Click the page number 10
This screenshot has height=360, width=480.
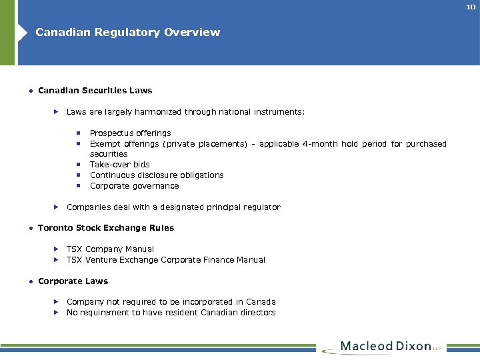point(471,7)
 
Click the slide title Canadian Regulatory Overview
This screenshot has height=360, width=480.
point(127,32)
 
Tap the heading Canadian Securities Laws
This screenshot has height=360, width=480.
point(95,90)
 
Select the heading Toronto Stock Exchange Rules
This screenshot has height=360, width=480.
point(106,227)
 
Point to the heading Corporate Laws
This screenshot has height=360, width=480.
point(73,281)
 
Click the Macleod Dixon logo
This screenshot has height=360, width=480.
point(383,347)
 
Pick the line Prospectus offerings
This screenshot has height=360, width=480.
point(130,133)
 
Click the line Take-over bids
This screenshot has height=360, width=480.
point(119,164)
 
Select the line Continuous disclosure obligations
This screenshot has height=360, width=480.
point(157,175)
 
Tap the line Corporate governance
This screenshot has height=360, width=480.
point(134,185)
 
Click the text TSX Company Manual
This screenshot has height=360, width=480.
point(110,249)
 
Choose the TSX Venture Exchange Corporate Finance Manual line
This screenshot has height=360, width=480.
point(165,259)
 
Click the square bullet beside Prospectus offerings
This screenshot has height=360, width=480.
point(78,133)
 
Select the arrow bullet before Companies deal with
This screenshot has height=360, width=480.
point(57,207)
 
